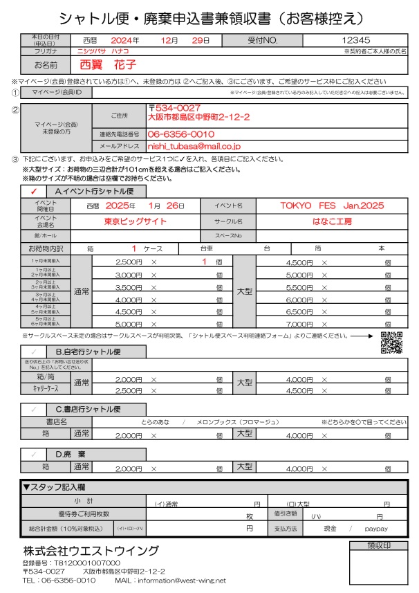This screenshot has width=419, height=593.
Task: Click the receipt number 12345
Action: click(355, 41)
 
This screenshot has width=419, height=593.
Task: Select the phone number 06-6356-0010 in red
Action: click(181, 134)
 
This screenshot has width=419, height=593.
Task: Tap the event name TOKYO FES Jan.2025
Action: click(331, 206)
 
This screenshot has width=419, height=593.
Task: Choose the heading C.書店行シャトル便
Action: click(93, 410)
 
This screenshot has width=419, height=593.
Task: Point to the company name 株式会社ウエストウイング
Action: click(91, 551)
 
